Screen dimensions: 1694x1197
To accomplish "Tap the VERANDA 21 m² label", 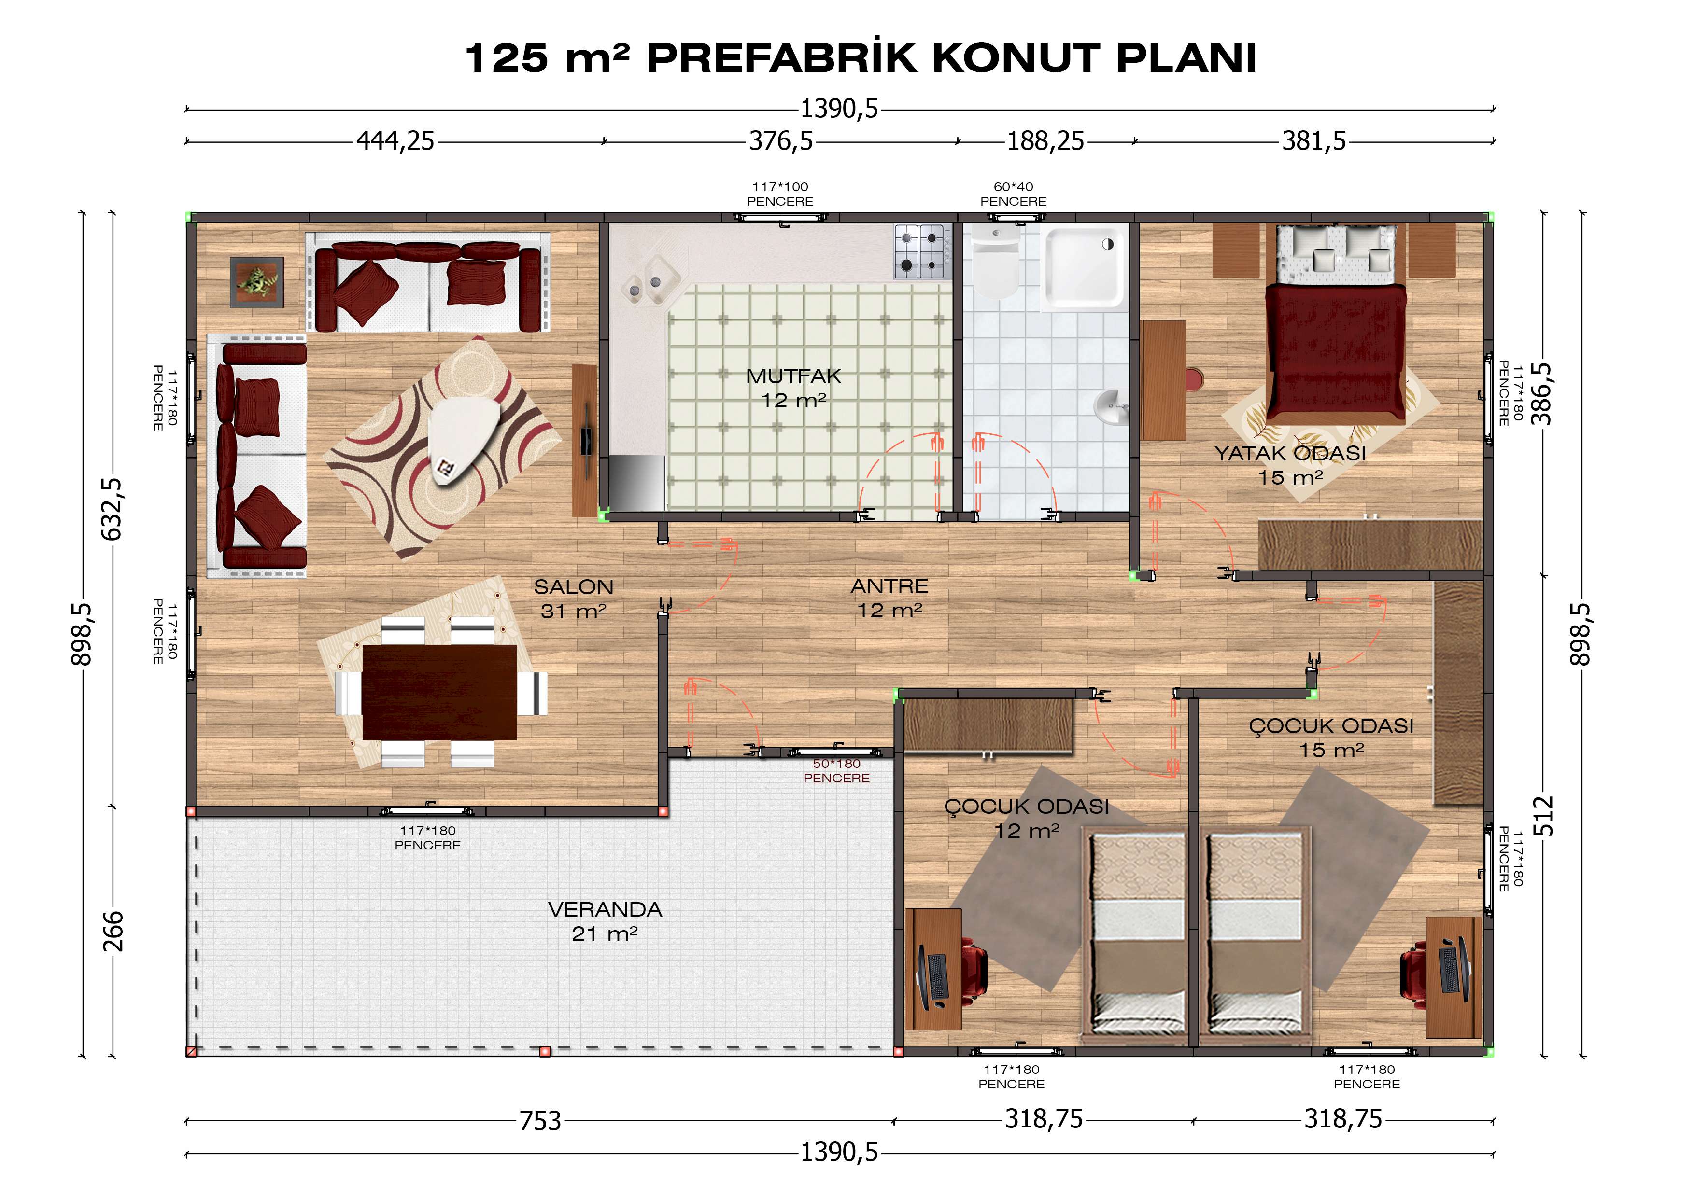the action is (605, 921).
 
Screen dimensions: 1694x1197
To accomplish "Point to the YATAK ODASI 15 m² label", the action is (1290, 465).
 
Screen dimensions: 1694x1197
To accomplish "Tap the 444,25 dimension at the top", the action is (395, 140).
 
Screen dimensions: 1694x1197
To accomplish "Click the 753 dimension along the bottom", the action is (540, 1120).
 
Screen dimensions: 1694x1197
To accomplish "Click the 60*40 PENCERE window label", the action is (1013, 194).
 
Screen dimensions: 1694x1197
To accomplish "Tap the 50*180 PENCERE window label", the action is (837, 771).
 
